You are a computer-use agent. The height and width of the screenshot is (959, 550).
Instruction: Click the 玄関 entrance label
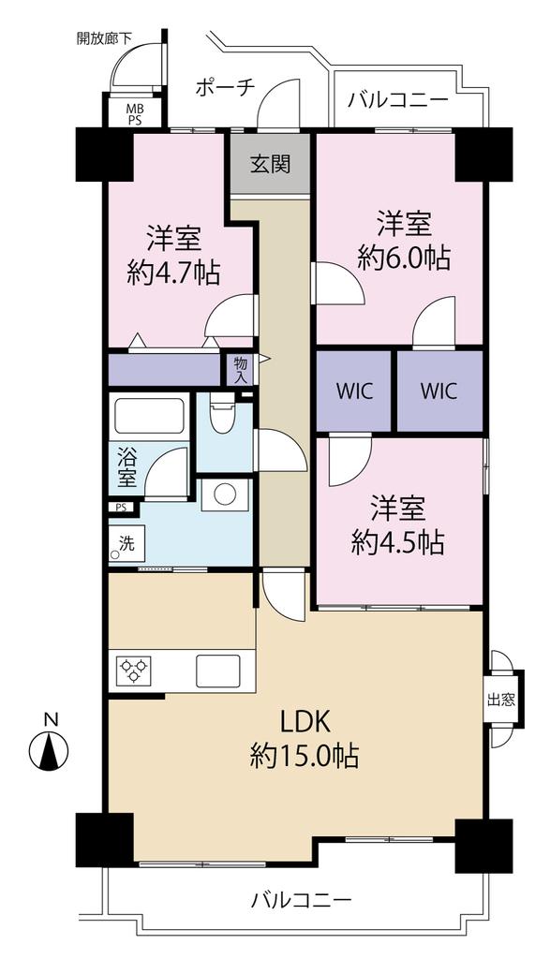click(x=270, y=163)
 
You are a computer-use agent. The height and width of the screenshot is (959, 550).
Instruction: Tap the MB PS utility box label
click(x=134, y=114)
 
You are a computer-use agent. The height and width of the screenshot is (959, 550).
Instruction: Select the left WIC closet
click(x=354, y=391)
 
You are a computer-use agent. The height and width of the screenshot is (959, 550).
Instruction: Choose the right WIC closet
click(x=439, y=391)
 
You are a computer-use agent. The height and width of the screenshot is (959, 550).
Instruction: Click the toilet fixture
click(x=221, y=412)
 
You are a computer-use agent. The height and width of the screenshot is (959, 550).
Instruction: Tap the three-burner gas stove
click(x=134, y=671)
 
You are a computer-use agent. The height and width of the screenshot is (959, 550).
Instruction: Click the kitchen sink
click(x=217, y=671)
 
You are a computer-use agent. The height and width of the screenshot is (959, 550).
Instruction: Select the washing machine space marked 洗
click(x=126, y=542)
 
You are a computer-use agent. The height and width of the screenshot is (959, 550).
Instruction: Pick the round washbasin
click(x=225, y=493)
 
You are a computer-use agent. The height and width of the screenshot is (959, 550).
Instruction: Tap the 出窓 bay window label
click(x=501, y=700)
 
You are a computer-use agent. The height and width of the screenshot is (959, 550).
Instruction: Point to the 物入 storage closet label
click(x=241, y=369)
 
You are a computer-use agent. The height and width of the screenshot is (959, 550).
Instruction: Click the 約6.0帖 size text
click(x=404, y=259)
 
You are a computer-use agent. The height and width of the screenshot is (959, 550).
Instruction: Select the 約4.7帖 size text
click(x=173, y=273)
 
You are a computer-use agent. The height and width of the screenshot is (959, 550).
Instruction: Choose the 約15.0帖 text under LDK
click(x=305, y=757)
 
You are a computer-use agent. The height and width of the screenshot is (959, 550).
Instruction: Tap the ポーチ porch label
click(x=225, y=87)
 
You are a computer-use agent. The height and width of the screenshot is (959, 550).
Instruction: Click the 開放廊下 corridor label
click(x=104, y=37)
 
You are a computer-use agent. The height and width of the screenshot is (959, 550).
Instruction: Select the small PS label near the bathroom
click(x=121, y=507)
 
